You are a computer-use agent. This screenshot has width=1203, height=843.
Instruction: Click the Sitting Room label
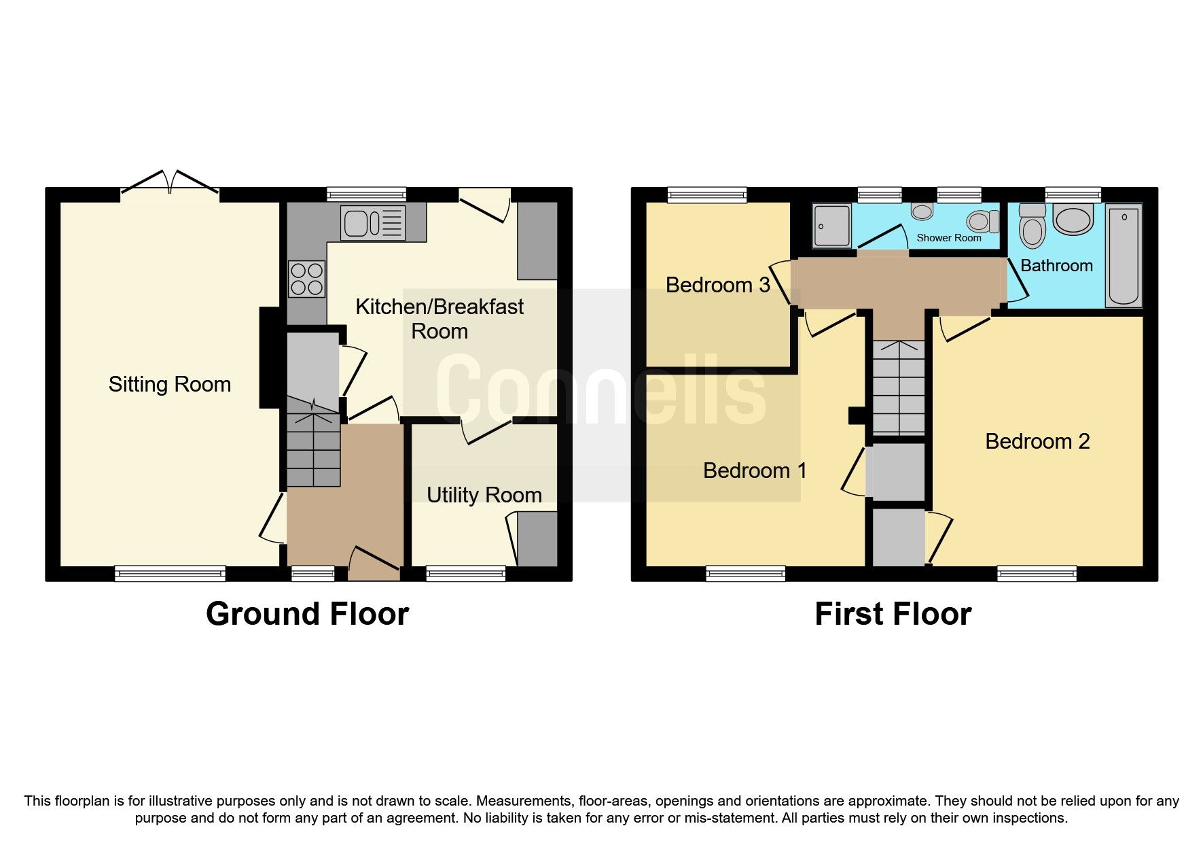170,385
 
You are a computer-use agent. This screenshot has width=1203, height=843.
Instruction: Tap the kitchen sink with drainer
374,223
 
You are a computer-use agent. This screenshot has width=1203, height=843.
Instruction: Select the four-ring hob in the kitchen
306,279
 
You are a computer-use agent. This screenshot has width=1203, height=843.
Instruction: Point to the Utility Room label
484,495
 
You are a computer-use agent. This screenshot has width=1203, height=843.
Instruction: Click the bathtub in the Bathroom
1124,256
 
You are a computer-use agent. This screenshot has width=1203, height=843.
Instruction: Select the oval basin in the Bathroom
1073,220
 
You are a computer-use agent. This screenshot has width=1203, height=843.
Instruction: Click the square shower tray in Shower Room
832,226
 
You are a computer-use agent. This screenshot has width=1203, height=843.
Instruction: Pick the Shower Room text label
948,238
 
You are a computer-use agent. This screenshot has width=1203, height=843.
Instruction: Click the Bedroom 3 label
717,285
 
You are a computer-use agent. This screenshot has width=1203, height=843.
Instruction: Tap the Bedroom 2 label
1037,441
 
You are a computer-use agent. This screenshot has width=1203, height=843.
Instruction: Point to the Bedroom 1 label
754,470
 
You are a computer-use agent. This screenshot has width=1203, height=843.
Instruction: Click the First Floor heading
893,614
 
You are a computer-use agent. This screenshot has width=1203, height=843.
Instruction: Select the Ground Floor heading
307,614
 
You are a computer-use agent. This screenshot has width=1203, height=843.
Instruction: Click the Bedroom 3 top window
706,195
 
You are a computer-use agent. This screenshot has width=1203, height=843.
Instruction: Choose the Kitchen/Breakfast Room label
439,319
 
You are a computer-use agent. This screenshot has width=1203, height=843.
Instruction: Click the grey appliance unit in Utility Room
537,538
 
